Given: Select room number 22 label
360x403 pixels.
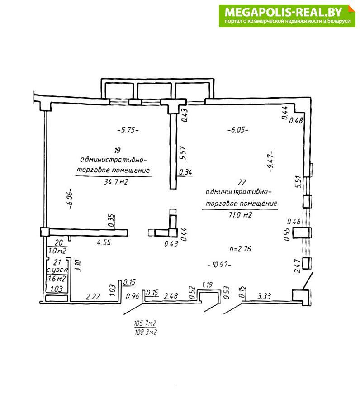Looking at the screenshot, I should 242,182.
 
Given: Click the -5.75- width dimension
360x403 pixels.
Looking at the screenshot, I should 128,130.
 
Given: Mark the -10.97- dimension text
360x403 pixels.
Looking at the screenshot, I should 219,265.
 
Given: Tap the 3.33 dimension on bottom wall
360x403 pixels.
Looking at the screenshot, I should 265,297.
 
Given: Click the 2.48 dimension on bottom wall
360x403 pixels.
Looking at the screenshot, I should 171,296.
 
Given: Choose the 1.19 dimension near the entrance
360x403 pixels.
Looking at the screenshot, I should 208,284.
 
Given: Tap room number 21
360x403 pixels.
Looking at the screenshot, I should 57,262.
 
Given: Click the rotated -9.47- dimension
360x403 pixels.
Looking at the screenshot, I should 270,161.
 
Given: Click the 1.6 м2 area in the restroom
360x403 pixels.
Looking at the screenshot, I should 57,279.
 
